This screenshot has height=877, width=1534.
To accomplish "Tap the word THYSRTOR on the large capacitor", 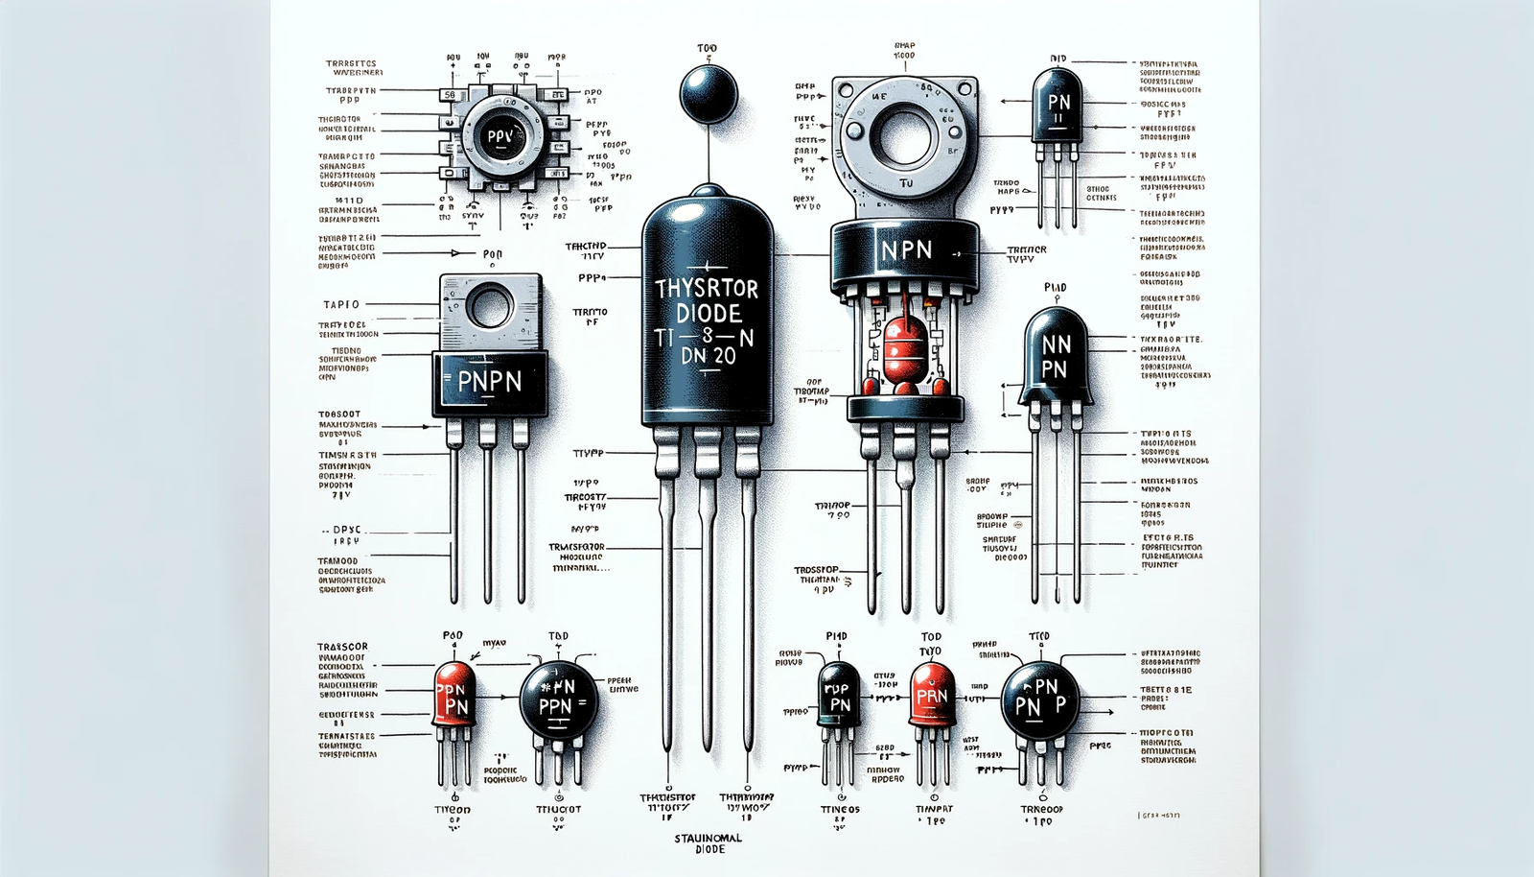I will tap(707, 288).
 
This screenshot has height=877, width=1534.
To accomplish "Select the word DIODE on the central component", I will tap(708, 313).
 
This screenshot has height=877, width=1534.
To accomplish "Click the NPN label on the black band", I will tap(906, 250).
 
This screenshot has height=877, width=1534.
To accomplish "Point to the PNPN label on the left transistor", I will tap(490, 382).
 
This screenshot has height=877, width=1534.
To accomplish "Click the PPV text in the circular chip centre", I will tap(500, 136).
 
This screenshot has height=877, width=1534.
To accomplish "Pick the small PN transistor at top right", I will tap(1058, 106).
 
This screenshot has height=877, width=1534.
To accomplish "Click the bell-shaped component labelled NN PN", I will tap(1056, 356).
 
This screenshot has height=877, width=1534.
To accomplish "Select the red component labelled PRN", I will tap(932, 695).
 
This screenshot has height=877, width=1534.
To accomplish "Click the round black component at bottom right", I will tap(1039, 699).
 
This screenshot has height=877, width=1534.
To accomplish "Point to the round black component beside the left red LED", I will tap(558, 699).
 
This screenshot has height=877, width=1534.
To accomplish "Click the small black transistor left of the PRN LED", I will tap(839, 695).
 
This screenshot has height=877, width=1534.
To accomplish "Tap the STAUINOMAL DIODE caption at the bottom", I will tap(708, 843).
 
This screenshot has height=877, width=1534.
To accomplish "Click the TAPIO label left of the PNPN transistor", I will tap(341, 304).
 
